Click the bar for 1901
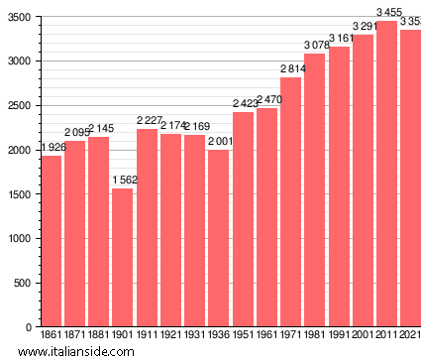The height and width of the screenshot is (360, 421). click(x=123, y=258)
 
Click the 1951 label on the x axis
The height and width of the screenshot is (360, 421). click(x=243, y=337)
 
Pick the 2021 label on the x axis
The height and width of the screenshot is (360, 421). click(x=410, y=337)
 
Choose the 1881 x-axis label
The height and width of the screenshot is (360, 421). click(x=99, y=337)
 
